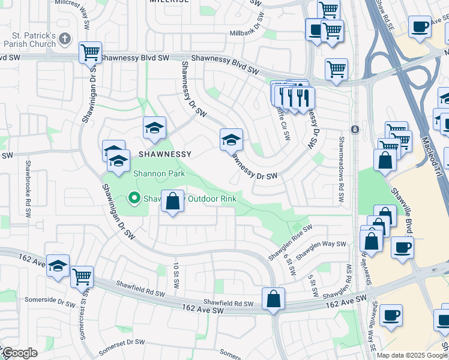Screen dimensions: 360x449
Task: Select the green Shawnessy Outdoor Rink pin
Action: [134, 197]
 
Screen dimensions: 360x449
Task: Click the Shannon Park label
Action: [160, 174]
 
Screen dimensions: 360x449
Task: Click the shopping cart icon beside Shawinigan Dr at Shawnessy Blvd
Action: [91, 52]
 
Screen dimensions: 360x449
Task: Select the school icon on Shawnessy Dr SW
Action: [231, 140]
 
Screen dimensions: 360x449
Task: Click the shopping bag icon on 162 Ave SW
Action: [273, 299]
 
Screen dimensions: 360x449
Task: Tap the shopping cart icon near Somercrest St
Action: [82, 277]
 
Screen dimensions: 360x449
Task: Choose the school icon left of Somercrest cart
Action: [58, 266]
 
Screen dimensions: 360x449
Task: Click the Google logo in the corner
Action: [20, 353]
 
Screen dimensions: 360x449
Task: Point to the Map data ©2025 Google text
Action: [412, 355]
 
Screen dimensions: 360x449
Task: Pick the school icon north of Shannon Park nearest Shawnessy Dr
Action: [154, 128]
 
